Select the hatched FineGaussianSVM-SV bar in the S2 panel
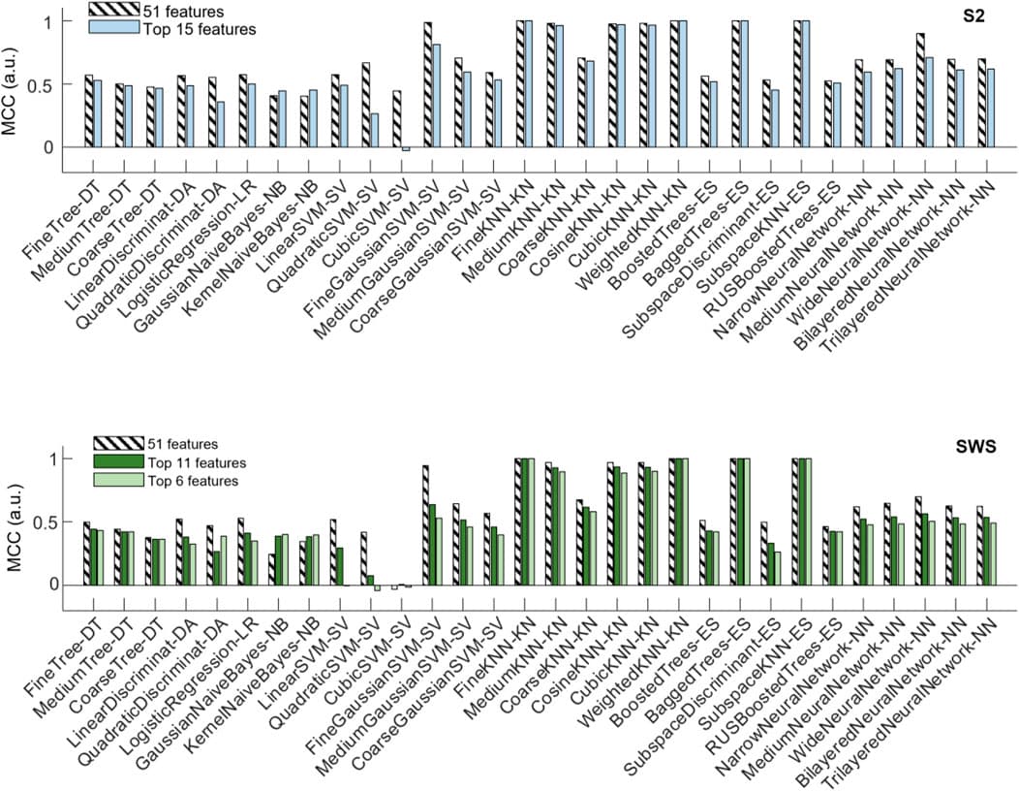(x=427, y=84)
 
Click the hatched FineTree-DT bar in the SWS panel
(x=86, y=553)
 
